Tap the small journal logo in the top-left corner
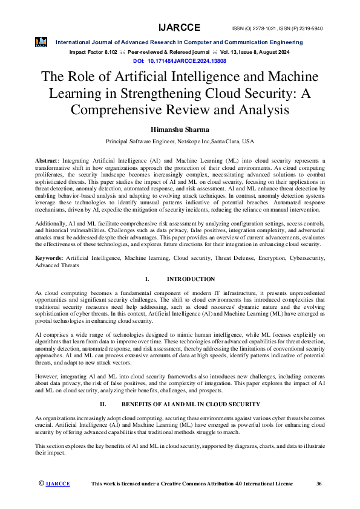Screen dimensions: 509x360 point(41,41)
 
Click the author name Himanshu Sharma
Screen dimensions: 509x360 point(180,129)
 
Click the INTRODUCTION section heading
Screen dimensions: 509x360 point(191,279)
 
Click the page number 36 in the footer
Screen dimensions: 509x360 point(319,484)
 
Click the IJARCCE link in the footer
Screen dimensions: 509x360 point(58,484)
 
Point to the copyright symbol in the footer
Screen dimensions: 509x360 point(41,484)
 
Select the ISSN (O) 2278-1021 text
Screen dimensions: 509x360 point(255,28)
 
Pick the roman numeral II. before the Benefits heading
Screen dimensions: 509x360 point(103,404)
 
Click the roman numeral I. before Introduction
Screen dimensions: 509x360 point(147,279)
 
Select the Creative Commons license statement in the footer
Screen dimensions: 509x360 point(191,484)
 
